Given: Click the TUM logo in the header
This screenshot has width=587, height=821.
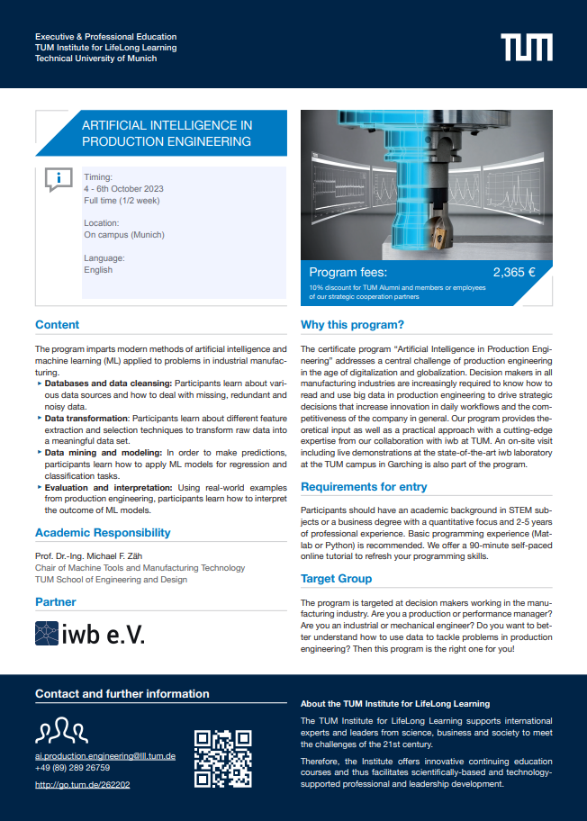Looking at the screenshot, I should click(527, 47).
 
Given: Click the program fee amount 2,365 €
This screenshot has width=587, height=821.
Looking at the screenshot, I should click(514, 272).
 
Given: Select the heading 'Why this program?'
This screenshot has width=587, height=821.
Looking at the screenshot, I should click(352, 325).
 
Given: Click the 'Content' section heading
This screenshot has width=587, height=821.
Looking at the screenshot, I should click(57, 325).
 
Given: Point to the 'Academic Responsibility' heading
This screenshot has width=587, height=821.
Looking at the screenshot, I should click(103, 533).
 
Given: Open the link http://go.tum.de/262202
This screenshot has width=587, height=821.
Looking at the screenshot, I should click(82, 785).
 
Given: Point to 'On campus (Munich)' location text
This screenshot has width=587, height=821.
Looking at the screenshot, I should click(123, 234).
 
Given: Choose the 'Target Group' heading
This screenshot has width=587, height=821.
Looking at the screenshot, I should click(336, 578).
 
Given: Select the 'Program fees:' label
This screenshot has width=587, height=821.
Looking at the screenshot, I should click(348, 272).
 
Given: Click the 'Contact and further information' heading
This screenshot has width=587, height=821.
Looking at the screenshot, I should click(122, 694).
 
